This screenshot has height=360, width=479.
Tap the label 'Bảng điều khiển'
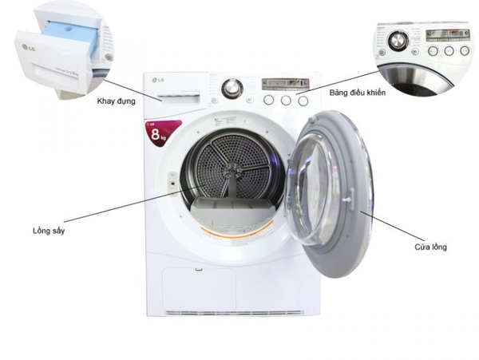[x=358, y=93]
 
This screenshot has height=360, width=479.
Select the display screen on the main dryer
[x=283, y=84]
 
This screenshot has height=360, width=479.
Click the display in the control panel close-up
[x=444, y=34]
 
